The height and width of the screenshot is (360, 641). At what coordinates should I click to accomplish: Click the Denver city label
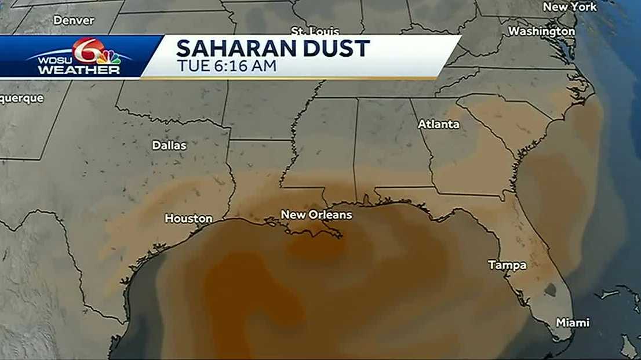(74, 20)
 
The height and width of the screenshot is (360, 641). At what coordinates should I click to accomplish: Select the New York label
(569, 7)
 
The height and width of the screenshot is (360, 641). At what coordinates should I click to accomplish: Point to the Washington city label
(541, 31)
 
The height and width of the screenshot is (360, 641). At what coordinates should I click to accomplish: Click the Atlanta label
(439, 124)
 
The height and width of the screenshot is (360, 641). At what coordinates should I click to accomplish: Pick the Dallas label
(169, 146)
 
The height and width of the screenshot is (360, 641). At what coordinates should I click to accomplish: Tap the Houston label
(188, 219)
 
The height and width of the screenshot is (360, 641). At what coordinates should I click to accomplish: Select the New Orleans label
(316, 215)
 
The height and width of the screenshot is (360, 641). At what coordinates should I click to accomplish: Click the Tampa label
(507, 266)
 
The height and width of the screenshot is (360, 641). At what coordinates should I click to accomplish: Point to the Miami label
(572, 322)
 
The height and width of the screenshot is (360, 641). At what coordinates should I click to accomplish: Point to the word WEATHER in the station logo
(79, 70)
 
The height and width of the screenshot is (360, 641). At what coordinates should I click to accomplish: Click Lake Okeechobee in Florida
(550, 289)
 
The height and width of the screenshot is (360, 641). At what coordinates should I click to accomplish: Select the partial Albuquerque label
(21, 99)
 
